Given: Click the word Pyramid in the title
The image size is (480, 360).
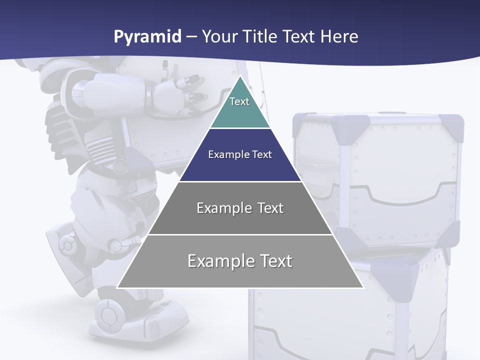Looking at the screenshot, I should tap(147, 37).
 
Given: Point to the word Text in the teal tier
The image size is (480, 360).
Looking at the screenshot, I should tap(239, 101).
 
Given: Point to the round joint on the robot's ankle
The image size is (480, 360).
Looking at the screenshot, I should tap(116, 245).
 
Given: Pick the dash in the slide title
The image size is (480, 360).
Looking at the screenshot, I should tap(191, 37).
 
